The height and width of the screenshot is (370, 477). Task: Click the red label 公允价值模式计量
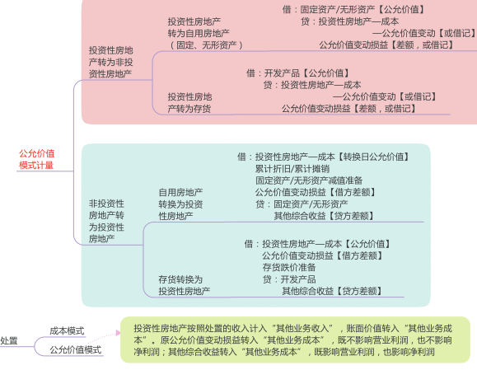point(36,159)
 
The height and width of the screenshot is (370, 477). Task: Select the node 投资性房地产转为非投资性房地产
point(110,62)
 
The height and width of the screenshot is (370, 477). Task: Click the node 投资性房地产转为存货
point(189,102)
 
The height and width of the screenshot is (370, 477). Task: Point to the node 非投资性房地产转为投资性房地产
point(106,221)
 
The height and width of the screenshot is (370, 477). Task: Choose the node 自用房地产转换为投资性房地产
point(180,204)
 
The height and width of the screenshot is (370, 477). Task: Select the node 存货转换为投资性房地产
point(184,285)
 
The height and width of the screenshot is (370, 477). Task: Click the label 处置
point(8,340)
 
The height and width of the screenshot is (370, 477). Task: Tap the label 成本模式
point(67,330)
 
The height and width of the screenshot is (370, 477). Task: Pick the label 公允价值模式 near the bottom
point(76,349)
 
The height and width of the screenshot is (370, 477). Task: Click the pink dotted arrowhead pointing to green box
point(118,333)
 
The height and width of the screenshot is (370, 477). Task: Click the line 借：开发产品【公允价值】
point(297,73)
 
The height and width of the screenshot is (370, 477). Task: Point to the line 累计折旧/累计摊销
point(292,169)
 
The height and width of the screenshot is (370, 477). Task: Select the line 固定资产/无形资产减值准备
point(309,180)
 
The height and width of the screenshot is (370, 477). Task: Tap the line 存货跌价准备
point(289,268)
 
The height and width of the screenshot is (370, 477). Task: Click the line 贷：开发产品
point(289,279)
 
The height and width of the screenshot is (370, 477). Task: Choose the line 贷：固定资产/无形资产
point(302,204)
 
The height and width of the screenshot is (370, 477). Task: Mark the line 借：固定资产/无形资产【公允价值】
point(353,9)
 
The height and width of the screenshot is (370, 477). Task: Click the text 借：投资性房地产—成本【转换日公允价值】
point(323,157)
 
